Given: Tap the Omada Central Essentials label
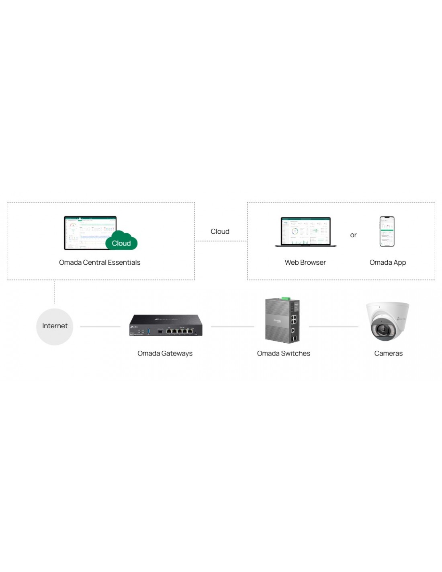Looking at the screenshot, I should click(x=100, y=262).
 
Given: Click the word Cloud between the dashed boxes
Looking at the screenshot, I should click(x=220, y=231).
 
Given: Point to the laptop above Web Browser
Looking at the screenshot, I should click(x=305, y=232).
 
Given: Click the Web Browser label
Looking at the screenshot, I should click(x=305, y=262).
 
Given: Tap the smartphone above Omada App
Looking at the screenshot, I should click(x=387, y=231).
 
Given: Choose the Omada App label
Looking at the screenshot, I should click(x=388, y=262).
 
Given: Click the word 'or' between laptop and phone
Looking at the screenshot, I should click(x=353, y=235).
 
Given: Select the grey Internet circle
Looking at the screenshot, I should click(x=55, y=326).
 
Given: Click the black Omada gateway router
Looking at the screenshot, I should click(x=166, y=325).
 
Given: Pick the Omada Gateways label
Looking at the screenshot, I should click(x=165, y=353).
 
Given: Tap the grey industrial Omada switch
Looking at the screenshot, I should click(x=282, y=321).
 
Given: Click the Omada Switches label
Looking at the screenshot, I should click(x=283, y=353).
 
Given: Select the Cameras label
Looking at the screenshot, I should click(x=388, y=353).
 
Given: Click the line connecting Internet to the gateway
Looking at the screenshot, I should click(x=100, y=327).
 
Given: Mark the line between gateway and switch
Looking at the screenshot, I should click(x=232, y=327).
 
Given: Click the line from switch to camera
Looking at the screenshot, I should click(x=333, y=327).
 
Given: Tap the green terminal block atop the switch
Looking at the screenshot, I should click(x=286, y=298).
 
